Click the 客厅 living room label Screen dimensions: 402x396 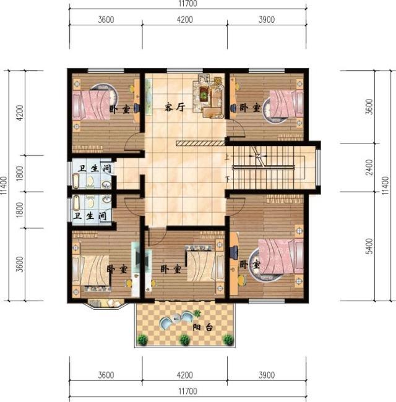176,107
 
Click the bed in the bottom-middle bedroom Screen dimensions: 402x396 201,266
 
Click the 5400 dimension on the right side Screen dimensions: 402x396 369,246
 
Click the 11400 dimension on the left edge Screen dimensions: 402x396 5,186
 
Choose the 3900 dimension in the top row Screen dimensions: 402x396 266,19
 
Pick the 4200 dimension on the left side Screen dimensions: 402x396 20,113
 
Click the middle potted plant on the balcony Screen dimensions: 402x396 184,339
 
